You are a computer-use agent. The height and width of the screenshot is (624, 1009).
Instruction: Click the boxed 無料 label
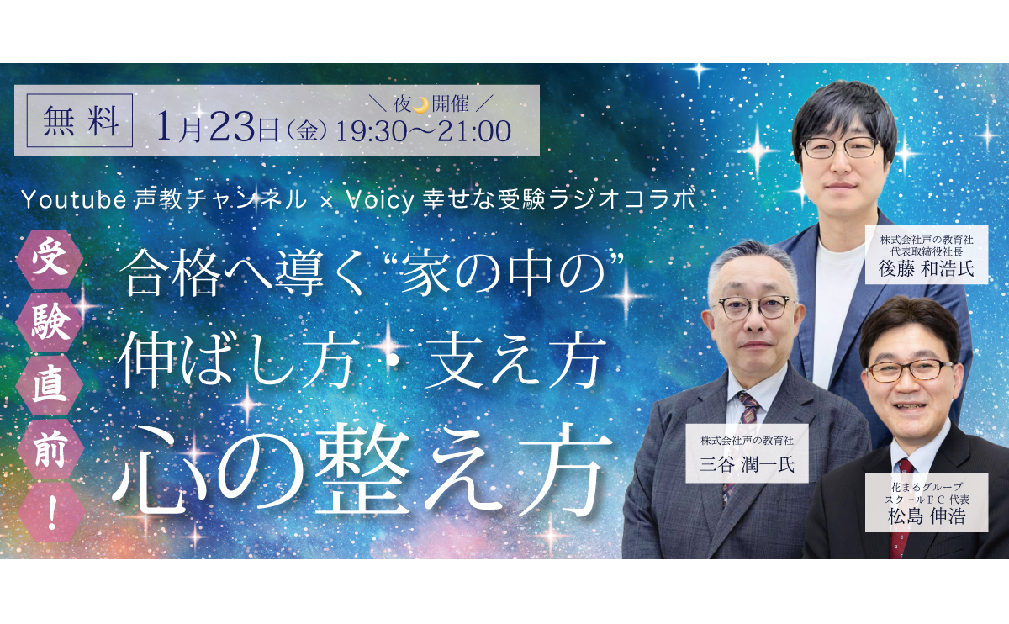point(80,120)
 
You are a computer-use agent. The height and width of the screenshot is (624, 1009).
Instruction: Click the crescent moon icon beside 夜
point(421,104)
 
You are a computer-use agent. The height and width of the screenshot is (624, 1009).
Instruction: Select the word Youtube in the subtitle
point(74,199)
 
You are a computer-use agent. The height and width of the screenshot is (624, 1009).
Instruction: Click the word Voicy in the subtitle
point(380,200)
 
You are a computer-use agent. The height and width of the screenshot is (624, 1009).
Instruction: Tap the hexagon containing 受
point(50,260)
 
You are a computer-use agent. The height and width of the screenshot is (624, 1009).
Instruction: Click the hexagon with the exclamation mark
point(51,512)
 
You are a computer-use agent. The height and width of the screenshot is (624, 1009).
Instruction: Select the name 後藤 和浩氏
point(926,269)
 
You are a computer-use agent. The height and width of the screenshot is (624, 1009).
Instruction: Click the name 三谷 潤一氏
point(747,464)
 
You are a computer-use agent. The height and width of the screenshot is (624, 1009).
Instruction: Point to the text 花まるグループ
point(927,487)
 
